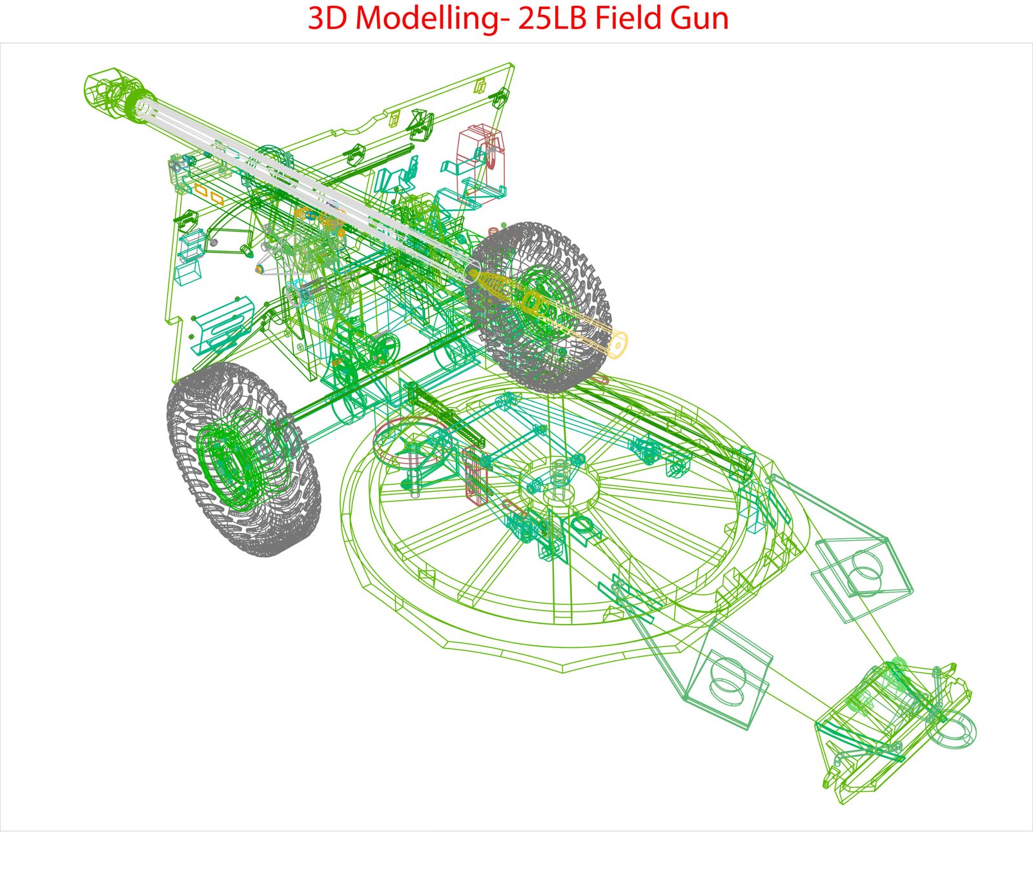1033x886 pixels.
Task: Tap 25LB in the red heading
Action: pyautogui.click(x=551, y=18)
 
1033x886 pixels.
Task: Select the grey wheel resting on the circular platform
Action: pyautogui.click(x=539, y=307)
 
